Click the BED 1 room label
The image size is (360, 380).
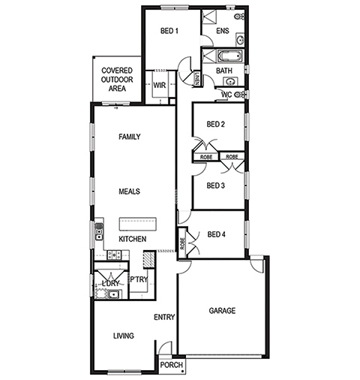click(x=169, y=31)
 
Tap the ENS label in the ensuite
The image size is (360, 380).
click(x=223, y=31)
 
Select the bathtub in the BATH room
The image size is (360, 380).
click(x=230, y=56)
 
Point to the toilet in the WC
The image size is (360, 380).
click(x=241, y=95)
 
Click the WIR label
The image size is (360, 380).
click(x=160, y=86)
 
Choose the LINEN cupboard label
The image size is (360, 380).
click(x=196, y=78)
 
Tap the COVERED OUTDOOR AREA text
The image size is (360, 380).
click(x=117, y=80)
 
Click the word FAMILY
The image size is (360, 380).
click(x=130, y=137)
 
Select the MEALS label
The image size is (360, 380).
click(x=129, y=192)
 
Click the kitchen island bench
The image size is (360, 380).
click(x=138, y=224)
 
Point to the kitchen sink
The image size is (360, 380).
click(x=99, y=231)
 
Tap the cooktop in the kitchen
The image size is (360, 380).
click(x=114, y=255)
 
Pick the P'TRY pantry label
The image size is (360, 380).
click(x=139, y=279)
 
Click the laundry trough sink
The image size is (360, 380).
click(x=114, y=294)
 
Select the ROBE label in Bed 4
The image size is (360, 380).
click(x=182, y=243)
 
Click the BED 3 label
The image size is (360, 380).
click(x=216, y=185)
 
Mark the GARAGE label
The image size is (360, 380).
click(x=222, y=311)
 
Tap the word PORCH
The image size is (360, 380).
click(x=172, y=365)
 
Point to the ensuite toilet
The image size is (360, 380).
click(x=239, y=17)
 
